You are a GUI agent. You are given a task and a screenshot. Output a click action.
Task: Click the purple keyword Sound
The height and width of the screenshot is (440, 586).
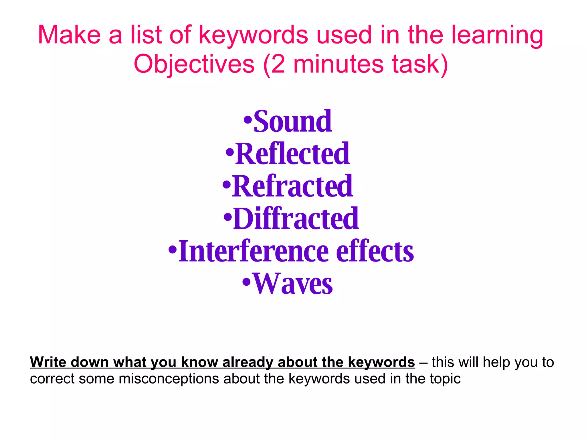293,122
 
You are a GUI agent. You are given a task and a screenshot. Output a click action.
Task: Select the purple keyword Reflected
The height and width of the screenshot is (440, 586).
292,154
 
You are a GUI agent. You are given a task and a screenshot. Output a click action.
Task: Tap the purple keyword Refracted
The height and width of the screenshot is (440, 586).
293,186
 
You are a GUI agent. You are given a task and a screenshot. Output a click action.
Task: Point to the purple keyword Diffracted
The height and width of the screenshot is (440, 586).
296,219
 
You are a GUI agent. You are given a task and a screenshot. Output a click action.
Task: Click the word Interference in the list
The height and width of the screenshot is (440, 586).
254,252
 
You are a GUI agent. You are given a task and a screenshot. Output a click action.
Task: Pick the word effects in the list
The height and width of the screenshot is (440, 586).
375,252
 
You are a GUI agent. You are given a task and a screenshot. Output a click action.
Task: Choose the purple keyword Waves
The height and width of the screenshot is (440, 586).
293,284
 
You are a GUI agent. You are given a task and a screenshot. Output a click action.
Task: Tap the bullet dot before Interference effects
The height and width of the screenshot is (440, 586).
173,249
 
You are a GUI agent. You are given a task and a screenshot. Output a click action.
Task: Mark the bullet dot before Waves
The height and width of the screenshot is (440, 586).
246,282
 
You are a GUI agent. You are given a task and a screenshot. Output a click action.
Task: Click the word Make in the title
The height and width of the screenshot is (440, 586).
69,35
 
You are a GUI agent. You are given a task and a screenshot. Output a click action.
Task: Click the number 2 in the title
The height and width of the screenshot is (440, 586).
278,64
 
